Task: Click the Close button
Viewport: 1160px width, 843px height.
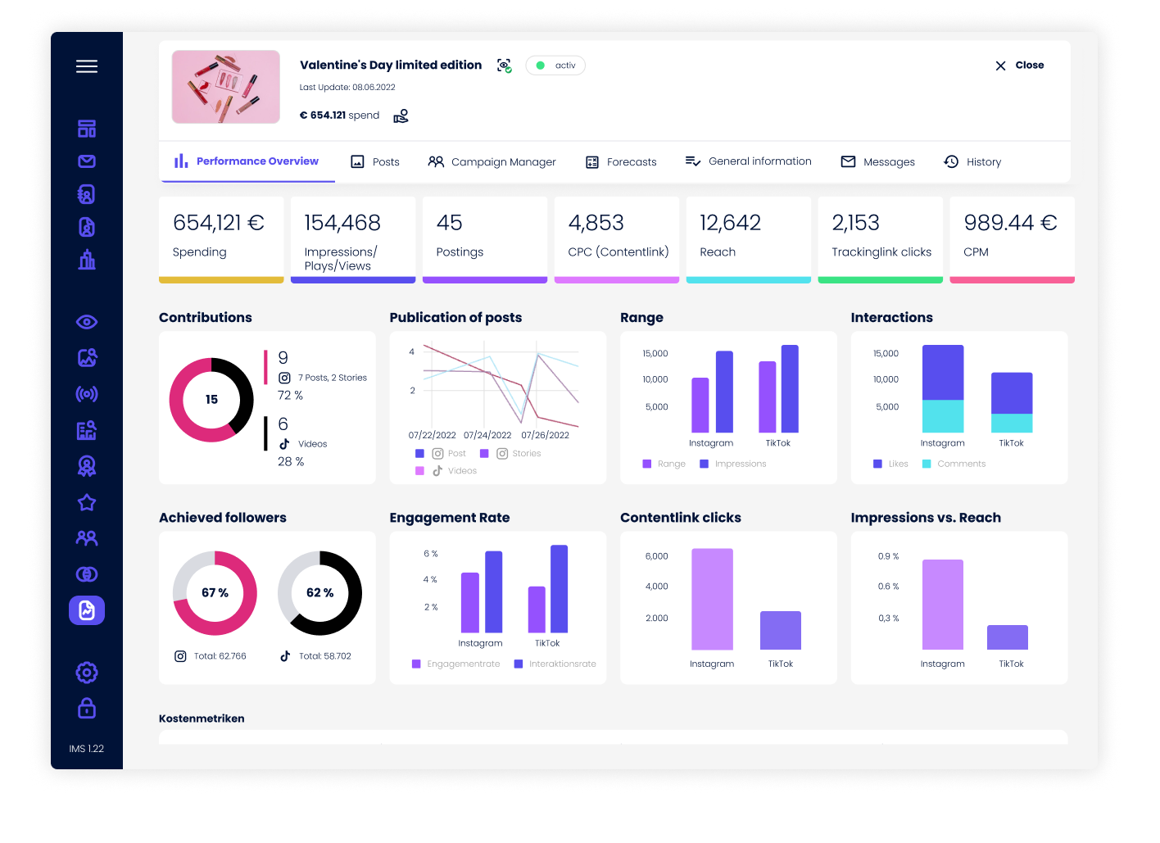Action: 1020,66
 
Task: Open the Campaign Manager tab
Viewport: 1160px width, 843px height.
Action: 492,162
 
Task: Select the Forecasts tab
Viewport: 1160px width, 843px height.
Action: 622,162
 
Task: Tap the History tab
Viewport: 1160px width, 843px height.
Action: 973,162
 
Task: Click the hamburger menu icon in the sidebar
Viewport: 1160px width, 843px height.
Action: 87,66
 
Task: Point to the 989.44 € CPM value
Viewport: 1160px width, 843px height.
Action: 1010,223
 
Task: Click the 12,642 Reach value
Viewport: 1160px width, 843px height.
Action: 730,223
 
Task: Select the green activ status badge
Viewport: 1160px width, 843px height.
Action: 555,66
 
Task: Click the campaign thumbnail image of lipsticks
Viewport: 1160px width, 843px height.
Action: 226,87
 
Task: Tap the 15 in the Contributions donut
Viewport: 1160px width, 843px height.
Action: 211,400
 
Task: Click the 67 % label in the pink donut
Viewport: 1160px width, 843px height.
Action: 215,592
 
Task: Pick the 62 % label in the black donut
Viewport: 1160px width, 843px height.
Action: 319,592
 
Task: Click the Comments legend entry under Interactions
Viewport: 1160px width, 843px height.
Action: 954,464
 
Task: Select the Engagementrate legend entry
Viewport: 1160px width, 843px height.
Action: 456,664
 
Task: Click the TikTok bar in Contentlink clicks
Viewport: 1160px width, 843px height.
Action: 781,630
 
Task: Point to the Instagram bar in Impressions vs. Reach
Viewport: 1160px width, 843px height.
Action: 943,605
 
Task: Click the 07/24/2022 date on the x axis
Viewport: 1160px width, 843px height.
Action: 487,435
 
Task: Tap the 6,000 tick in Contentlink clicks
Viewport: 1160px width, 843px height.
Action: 657,556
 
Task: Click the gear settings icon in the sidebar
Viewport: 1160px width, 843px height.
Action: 87,673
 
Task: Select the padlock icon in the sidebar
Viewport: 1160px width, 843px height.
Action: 87,708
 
